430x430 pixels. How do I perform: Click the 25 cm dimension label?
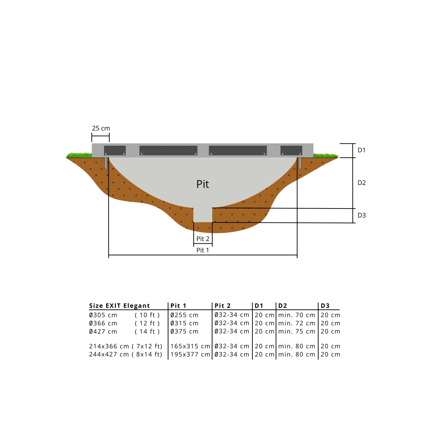click(x=101, y=128)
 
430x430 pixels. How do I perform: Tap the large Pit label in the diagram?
click(x=203, y=184)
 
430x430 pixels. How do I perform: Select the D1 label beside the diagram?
click(x=361, y=150)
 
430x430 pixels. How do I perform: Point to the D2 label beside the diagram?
click(x=361, y=183)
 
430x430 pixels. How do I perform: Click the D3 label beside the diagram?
click(x=361, y=215)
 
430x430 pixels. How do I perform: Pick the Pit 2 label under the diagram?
click(x=203, y=239)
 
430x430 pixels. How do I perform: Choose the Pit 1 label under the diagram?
click(x=203, y=250)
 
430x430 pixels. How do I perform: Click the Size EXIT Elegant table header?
click(x=120, y=306)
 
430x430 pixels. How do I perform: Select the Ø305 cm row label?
click(x=103, y=315)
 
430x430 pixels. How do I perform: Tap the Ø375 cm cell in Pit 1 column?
click(x=184, y=331)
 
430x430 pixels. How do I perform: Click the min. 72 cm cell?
click(x=297, y=323)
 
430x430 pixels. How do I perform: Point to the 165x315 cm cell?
click(x=190, y=346)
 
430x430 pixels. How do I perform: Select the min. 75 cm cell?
click(x=297, y=331)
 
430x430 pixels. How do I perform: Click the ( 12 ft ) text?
click(x=147, y=323)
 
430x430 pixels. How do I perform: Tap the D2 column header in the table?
click(x=283, y=306)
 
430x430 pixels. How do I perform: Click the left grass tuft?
click(x=79, y=155)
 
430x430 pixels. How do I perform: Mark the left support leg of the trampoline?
click(x=106, y=163)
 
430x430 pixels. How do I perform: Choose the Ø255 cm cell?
click(x=184, y=315)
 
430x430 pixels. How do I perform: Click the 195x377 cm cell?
click(x=190, y=354)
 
